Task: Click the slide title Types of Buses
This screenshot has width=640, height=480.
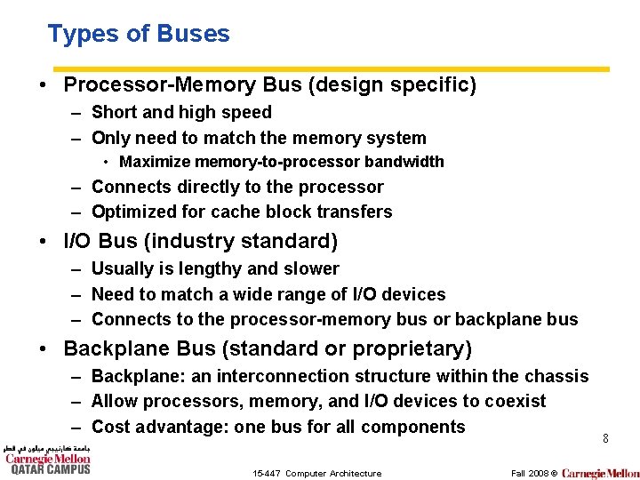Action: click(x=139, y=35)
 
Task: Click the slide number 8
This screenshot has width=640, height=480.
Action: click(x=605, y=438)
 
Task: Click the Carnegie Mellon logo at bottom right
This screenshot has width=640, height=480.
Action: click(x=601, y=473)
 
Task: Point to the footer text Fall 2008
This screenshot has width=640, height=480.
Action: click(x=529, y=473)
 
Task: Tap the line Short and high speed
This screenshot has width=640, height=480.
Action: click(x=181, y=113)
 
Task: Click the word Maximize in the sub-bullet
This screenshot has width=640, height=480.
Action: click(x=154, y=162)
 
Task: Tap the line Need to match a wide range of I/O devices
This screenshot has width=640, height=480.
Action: click(x=268, y=294)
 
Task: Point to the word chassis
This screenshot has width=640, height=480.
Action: click(x=558, y=376)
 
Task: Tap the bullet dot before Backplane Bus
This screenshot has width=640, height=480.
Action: click(x=43, y=348)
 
